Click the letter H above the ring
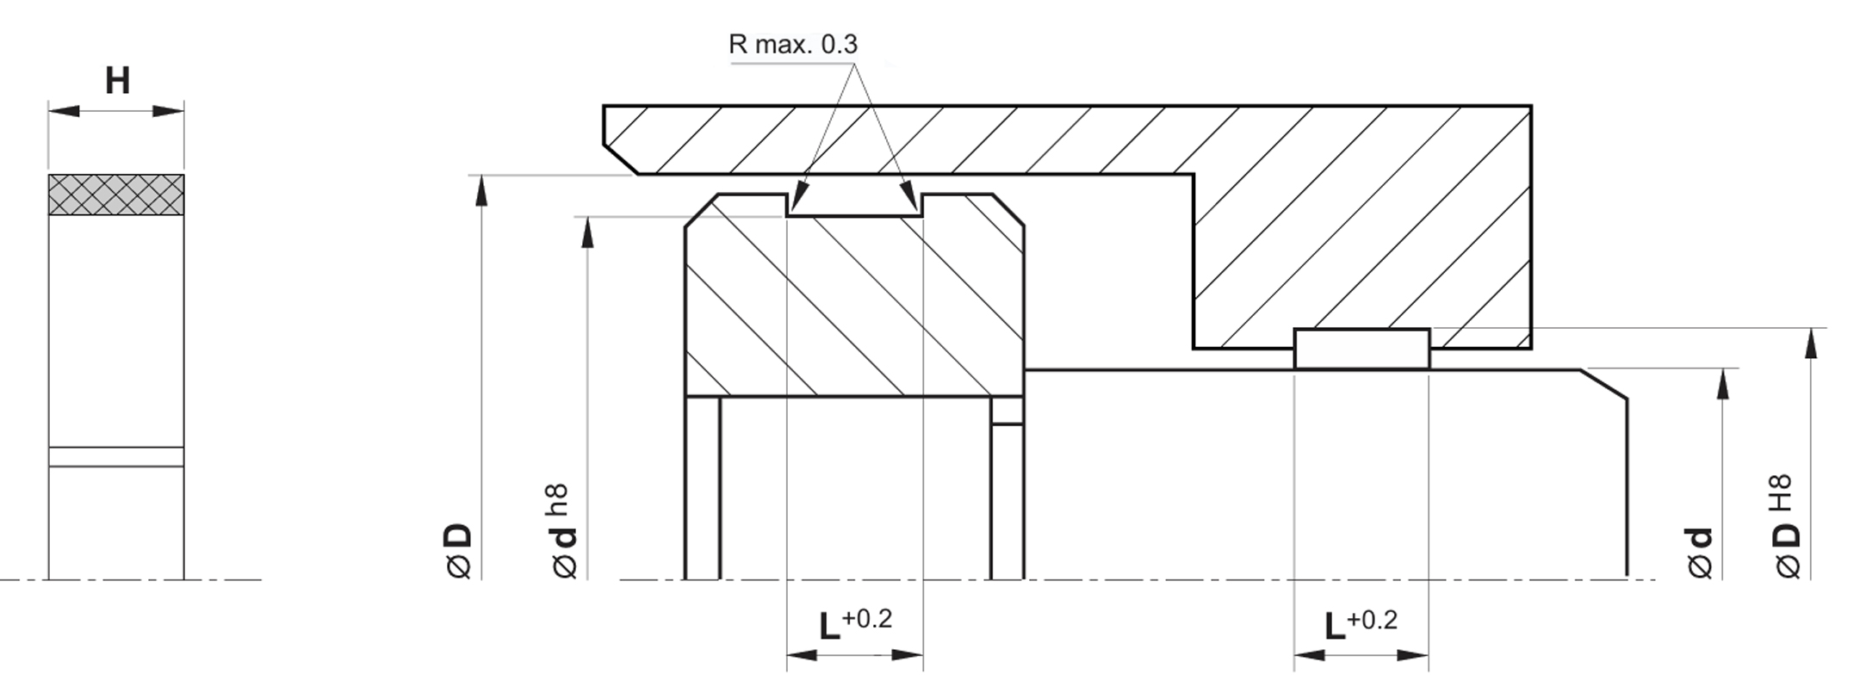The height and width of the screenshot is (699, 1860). [117, 81]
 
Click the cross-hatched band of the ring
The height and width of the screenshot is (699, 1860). [116, 195]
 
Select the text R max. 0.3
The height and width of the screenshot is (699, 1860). [793, 44]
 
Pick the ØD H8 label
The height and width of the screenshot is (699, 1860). [1786, 526]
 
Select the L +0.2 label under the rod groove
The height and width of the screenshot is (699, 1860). [1361, 625]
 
